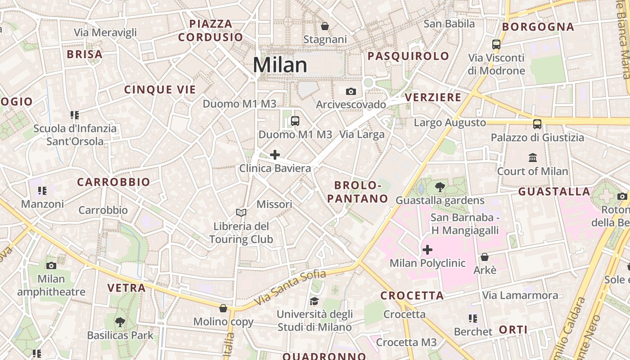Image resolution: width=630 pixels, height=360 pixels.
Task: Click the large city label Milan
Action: click(x=280, y=65)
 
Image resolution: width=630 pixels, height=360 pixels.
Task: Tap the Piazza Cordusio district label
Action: click(x=211, y=30)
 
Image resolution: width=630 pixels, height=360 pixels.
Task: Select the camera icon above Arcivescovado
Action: click(x=351, y=92)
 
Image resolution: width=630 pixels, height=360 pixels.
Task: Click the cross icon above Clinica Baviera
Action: click(x=275, y=155)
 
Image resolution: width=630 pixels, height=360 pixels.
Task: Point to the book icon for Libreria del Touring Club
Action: click(x=241, y=212)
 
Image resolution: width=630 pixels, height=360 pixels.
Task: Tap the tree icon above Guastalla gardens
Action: click(x=440, y=187)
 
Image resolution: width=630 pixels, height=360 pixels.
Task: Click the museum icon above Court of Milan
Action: click(x=533, y=157)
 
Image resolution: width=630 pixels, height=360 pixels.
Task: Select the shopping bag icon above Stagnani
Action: click(x=325, y=26)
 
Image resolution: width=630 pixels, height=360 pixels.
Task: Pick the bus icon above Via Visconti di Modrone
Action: click(x=496, y=45)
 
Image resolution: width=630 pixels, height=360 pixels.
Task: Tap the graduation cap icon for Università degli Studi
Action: click(x=314, y=301)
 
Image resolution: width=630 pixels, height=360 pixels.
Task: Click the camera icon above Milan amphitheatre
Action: click(x=51, y=265)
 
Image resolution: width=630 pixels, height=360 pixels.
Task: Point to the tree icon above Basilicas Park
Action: click(x=120, y=322)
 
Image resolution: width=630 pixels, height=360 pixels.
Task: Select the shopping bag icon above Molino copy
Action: click(x=223, y=308)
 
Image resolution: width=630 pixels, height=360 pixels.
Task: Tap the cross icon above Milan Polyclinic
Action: click(x=427, y=249)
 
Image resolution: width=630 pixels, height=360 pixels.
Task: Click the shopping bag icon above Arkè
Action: click(x=485, y=257)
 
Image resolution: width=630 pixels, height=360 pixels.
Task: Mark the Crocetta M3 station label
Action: click(x=406, y=342)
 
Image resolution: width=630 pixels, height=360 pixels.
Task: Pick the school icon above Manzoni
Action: click(x=42, y=191)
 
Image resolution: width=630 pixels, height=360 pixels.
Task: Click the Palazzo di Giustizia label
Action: click(x=537, y=138)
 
